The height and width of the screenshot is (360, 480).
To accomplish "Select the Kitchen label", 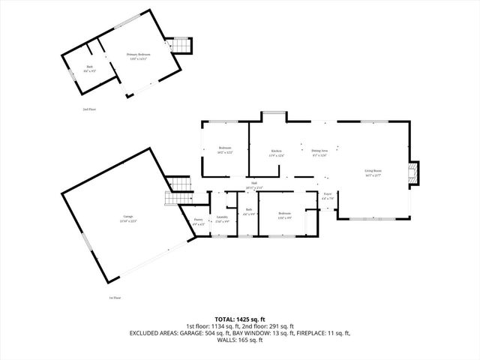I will click(x=276, y=154).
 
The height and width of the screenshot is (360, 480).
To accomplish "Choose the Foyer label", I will click(x=328, y=196).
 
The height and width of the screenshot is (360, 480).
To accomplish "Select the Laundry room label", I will click(x=222, y=219).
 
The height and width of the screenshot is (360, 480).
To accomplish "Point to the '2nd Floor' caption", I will click(x=89, y=109).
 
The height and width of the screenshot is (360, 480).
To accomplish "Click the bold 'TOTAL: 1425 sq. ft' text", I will click(x=240, y=319).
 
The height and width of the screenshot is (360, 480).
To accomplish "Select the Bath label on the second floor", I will click(x=90, y=68).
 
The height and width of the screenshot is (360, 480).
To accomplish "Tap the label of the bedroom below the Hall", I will click(x=284, y=215).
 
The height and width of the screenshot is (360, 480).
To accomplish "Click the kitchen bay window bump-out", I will click(x=273, y=115).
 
